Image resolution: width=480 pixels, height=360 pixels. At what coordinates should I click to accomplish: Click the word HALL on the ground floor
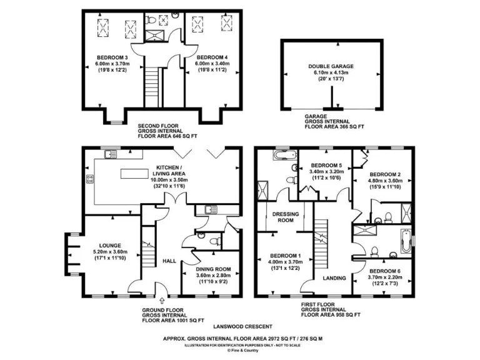point(169,261)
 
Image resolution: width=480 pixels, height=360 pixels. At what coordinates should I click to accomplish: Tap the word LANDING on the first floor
point(334,278)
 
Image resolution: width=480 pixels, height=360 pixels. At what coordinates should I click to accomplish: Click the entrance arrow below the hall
point(162,301)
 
